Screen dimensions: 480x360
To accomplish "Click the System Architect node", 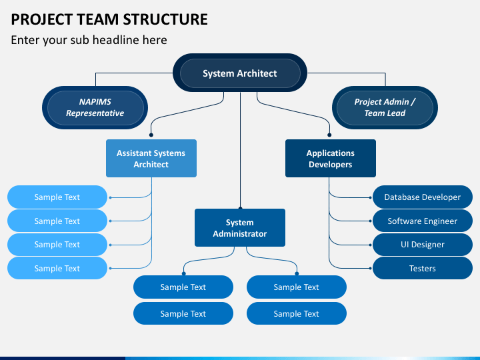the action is click(x=240, y=73).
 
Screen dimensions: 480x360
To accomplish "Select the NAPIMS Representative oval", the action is click(x=95, y=107).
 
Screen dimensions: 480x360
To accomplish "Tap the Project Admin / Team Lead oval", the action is click(x=385, y=107).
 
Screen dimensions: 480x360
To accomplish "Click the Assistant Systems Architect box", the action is click(x=151, y=158).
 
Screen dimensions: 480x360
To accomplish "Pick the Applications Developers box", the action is click(x=331, y=158).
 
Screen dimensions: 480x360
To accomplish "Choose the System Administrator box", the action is click(x=240, y=228).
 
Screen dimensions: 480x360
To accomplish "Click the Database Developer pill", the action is click(x=423, y=197).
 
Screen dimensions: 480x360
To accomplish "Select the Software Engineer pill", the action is click(x=423, y=221).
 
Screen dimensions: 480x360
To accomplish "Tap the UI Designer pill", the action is click(x=423, y=245).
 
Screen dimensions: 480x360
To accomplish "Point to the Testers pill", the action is click(x=423, y=268).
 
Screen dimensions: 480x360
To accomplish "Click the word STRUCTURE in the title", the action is click(x=165, y=19).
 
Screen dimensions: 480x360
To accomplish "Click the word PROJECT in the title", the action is click(x=41, y=19).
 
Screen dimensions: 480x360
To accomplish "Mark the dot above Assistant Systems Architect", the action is click(x=151, y=135).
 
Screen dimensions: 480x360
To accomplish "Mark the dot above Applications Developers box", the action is click(x=329, y=135).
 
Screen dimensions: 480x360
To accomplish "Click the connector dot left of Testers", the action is click(x=371, y=269).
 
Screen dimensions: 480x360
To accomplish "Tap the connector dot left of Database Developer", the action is click(x=371, y=198).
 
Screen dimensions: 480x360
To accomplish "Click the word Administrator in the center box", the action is click(x=240, y=234).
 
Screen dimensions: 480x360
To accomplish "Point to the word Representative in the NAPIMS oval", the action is click(x=95, y=113).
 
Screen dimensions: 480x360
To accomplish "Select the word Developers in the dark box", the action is click(x=330, y=165).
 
